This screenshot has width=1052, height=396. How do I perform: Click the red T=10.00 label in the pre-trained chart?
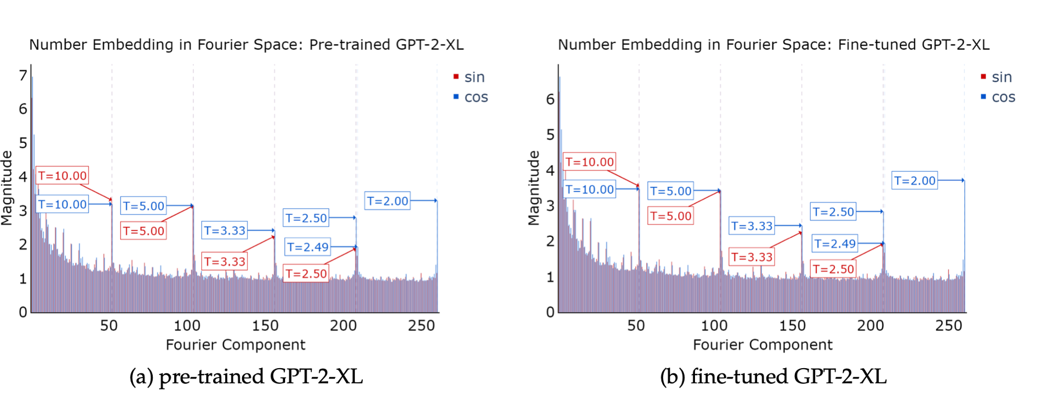(x=62, y=175)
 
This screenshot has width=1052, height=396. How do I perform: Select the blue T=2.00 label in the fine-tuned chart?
(x=914, y=181)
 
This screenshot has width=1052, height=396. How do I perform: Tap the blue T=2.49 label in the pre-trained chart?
(x=308, y=247)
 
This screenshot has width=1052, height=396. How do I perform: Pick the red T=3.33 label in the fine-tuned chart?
(x=751, y=257)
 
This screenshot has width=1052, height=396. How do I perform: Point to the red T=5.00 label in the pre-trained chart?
(x=143, y=231)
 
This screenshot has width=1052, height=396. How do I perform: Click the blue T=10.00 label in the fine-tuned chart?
(x=589, y=189)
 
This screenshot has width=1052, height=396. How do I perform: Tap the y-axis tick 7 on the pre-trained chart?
(x=23, y=75)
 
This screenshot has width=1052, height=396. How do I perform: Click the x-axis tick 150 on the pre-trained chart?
(x=265, y=326)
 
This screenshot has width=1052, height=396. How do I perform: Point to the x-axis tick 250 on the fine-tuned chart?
(x=949, y=326)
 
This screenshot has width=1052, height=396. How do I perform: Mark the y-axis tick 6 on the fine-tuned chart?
(x=550, y=99)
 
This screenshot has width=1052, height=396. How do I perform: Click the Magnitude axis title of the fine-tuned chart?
(x=533, y=188)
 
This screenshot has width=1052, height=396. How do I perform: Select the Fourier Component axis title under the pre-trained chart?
(x=235, y=345)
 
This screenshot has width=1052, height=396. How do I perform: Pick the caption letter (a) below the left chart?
(x=141, y=377)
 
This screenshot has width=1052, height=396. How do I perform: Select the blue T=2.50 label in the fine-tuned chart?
(x=833, y=212)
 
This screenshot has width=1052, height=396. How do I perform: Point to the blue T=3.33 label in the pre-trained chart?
(x=225, y=231)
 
